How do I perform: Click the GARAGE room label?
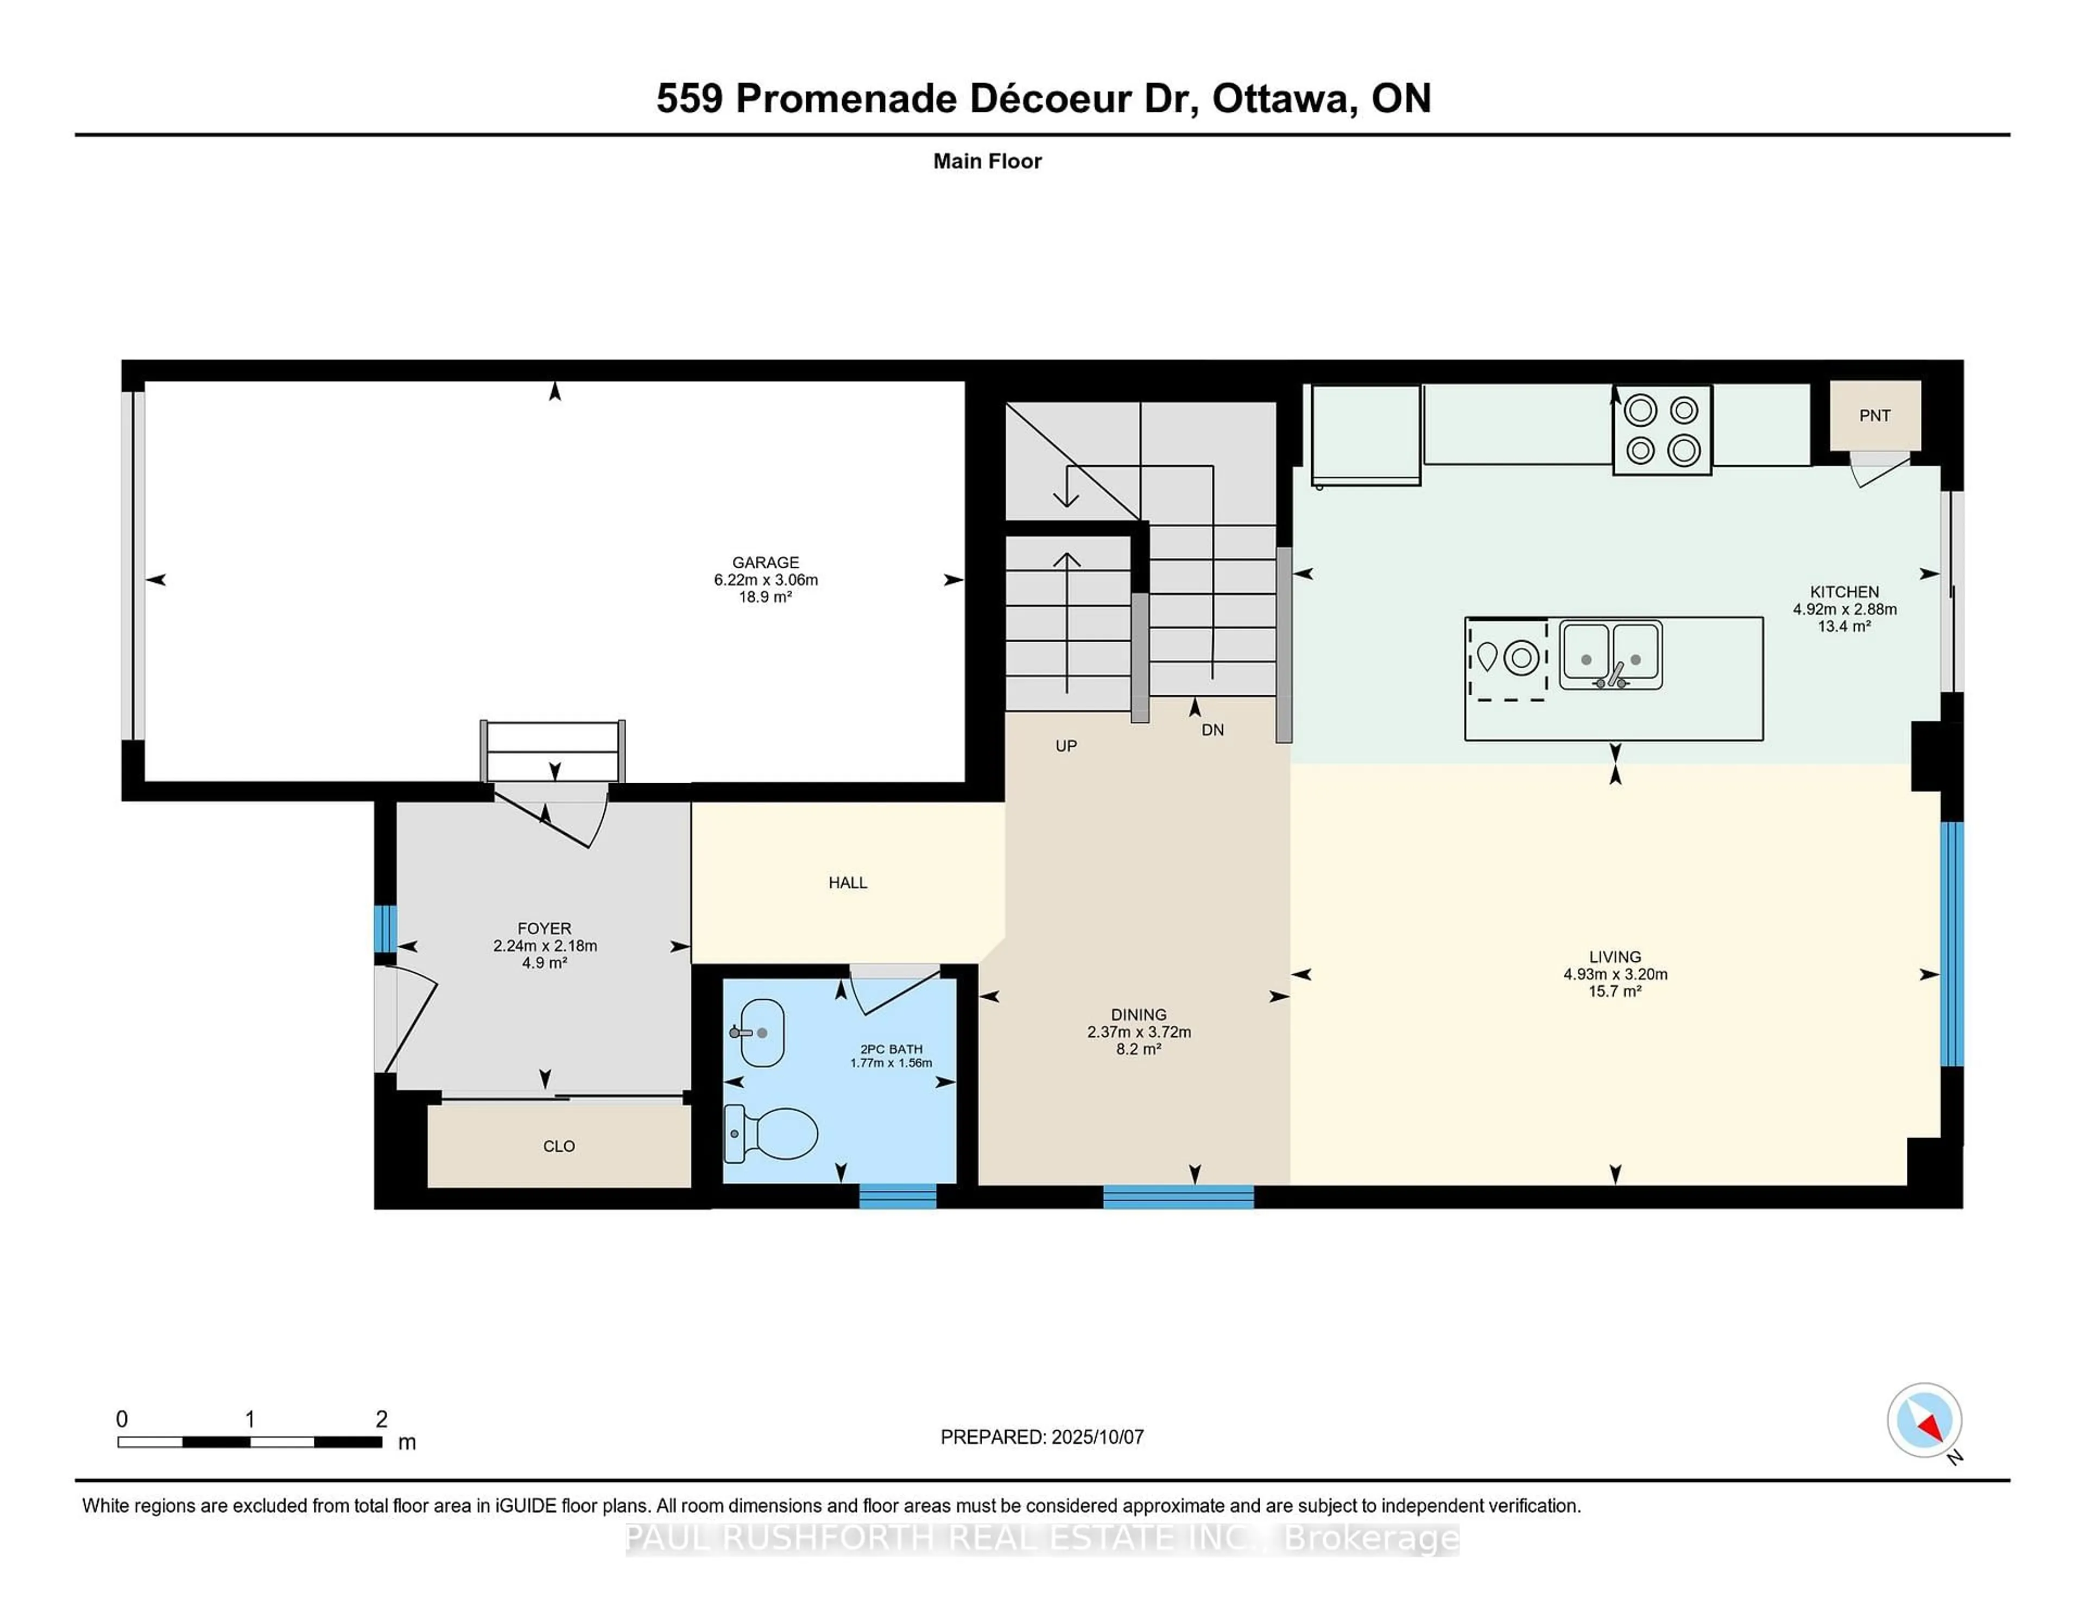pos(766,563)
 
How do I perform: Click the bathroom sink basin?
pos(761,1032)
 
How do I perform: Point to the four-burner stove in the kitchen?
pos(1662,429)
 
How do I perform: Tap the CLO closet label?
pos(559,1146)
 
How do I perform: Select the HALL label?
pos(848,883)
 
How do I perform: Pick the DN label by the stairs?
pos(1212,730)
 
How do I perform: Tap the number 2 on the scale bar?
pos(382,1419)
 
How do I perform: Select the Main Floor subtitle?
pos(987,161)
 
